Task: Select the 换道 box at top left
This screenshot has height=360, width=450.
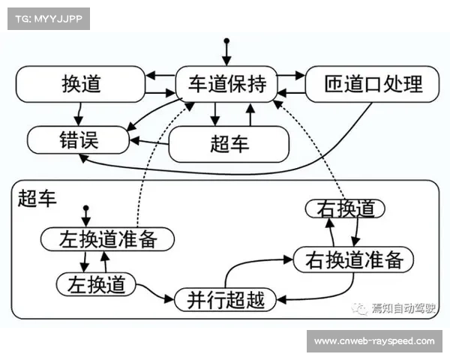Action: tap(80, 83)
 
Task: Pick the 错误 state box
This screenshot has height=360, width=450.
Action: tap(78, 139)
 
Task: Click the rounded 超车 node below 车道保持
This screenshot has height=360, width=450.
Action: tap(229, 143)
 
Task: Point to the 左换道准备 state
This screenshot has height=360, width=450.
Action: tap(108, 239)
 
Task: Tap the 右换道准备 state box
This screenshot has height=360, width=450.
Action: tap(354, 259)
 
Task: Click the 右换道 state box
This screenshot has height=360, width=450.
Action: tap(345, 208)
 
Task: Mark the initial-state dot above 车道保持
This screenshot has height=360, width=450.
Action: tap(226, 40)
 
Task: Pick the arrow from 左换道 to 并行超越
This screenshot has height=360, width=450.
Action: tap(159, 292)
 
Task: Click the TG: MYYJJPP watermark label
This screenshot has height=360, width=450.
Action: tap(47, 17)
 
